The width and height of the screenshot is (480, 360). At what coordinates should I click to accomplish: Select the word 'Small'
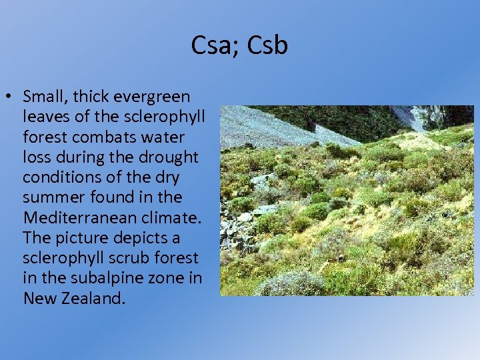pyautogui.click(x=43, y=97)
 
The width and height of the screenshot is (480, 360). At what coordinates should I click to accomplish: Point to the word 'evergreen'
pyautogui.click(x=152, y=97)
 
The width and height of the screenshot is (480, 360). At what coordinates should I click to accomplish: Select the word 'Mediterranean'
pyautogui.click(x=75, y=217)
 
